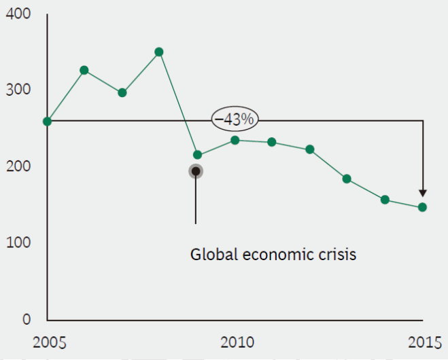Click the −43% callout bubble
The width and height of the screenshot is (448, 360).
[x=234, y=120]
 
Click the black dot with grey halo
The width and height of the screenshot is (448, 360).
[x=196, y=170]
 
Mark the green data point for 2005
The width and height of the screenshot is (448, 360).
[x=47, y=122]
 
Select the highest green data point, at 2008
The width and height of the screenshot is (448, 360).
[x=159, y=52]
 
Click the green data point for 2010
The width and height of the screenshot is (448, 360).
[x=235, y=140]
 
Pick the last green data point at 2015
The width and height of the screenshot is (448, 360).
[x=422, y=207]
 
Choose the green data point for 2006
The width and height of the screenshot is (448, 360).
[x=84, y=70]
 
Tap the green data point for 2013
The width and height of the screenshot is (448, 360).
[x=347, y=179]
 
